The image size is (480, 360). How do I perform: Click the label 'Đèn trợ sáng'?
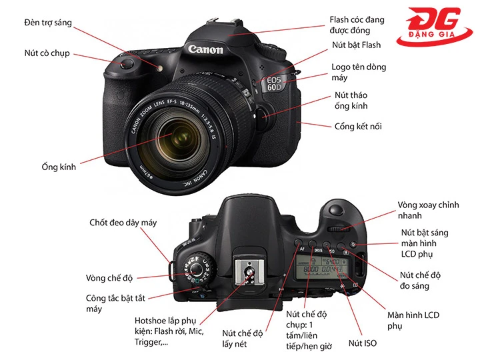[x=47, y=23]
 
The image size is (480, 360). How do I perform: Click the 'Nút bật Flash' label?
[x=357, y=45]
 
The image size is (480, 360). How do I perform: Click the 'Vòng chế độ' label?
[x=114, y=277]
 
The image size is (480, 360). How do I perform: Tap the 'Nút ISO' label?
[x=363, y=344]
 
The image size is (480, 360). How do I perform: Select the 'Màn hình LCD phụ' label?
[x=413, y=320]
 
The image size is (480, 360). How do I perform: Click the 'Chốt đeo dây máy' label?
[x=123, y=223]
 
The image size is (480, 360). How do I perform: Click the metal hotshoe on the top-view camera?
[x=249, y=273]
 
